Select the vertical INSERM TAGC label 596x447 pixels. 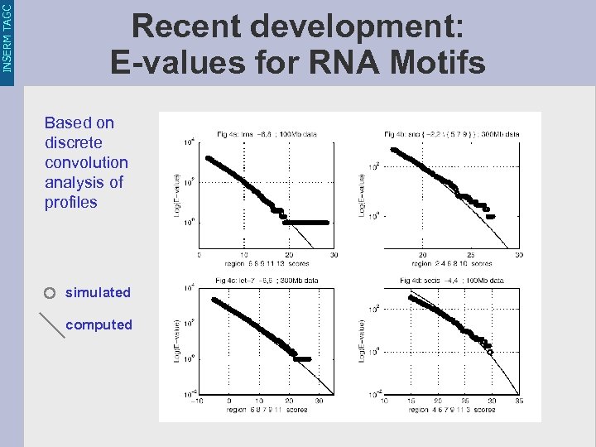(x=7, y=36)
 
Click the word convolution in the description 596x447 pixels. (x=86, y=162)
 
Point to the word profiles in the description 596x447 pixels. (x=70, y=202)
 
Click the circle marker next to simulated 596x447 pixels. (x=50, y=293)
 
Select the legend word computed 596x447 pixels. (x=99, y=324)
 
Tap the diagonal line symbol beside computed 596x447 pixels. (x=51, y=324)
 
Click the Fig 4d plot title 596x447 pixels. (x=452, y=281)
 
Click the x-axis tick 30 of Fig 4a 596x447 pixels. (x=334, y=255)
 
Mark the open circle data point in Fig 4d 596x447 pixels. (x=490, y=353)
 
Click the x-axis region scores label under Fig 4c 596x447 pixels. (x=267, y=411)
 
